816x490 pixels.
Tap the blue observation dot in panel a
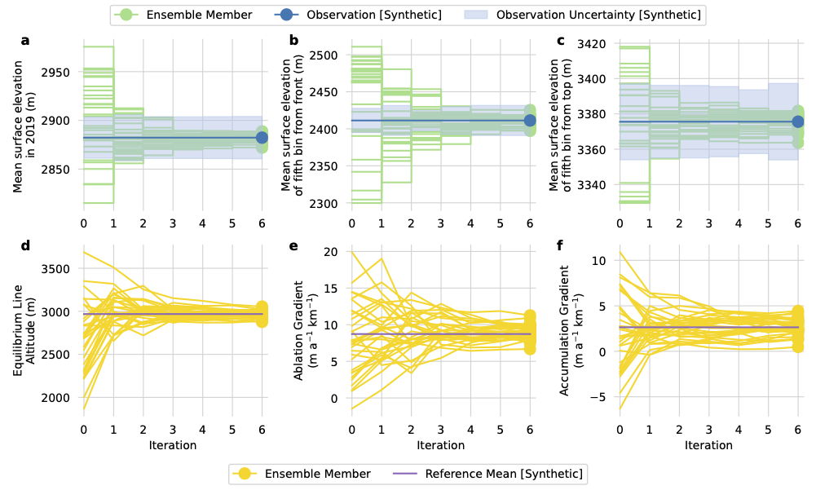262,138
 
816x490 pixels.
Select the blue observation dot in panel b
530,121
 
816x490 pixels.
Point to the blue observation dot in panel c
798,121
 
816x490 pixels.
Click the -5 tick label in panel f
601,397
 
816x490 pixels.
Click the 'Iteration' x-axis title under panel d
173,445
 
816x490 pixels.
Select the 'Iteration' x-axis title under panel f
708,445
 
